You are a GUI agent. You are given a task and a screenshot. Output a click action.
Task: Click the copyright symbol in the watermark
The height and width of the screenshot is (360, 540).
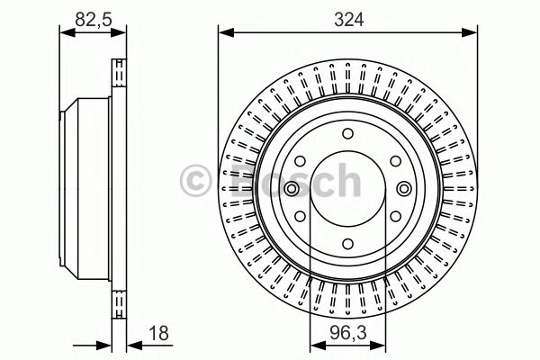pos(197,179)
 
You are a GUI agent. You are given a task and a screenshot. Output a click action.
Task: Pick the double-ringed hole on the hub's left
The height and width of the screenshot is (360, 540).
pos(293,189)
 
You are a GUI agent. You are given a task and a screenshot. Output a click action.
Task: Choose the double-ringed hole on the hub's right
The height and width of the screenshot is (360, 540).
pos(403,189)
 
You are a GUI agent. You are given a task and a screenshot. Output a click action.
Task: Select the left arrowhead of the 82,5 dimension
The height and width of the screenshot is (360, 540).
pos(64,33)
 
